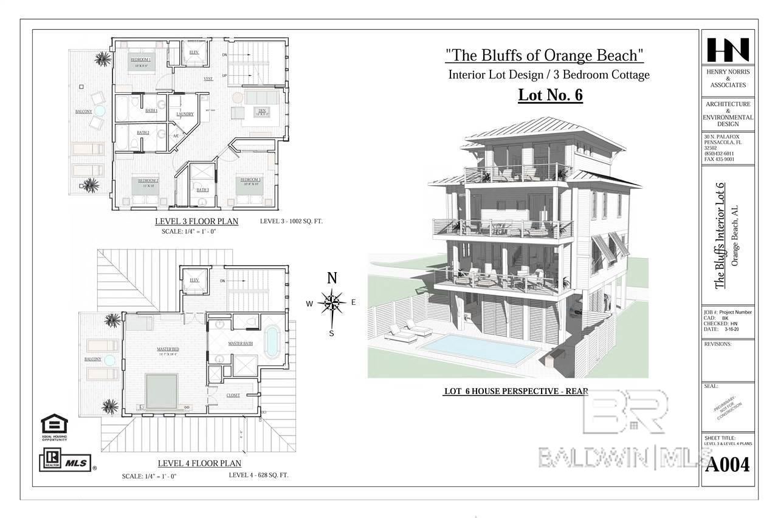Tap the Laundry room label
click(185, 114)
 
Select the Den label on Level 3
click(262, 111)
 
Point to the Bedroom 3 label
click(250, 180)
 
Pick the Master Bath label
click(240, 344)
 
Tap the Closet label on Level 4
click(233, 395)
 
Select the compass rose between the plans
click(332, 302)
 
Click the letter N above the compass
click(332, 279)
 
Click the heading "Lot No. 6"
click(550, 95)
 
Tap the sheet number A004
click(728, 465)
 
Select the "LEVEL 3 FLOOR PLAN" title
click(196, 222)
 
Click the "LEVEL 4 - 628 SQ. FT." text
click(258, 475)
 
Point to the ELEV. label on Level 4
click(194, 280)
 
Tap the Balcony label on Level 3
click(84, 112)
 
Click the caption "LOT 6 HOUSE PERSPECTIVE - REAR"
click(515, 392)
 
